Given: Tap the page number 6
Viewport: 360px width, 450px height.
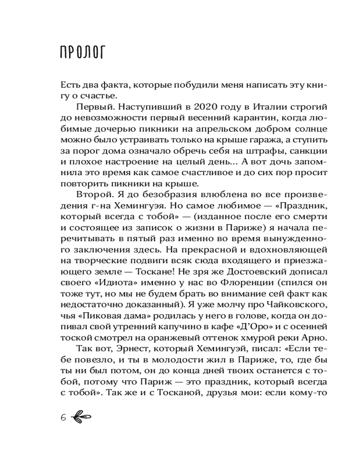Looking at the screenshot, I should point(63,417).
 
